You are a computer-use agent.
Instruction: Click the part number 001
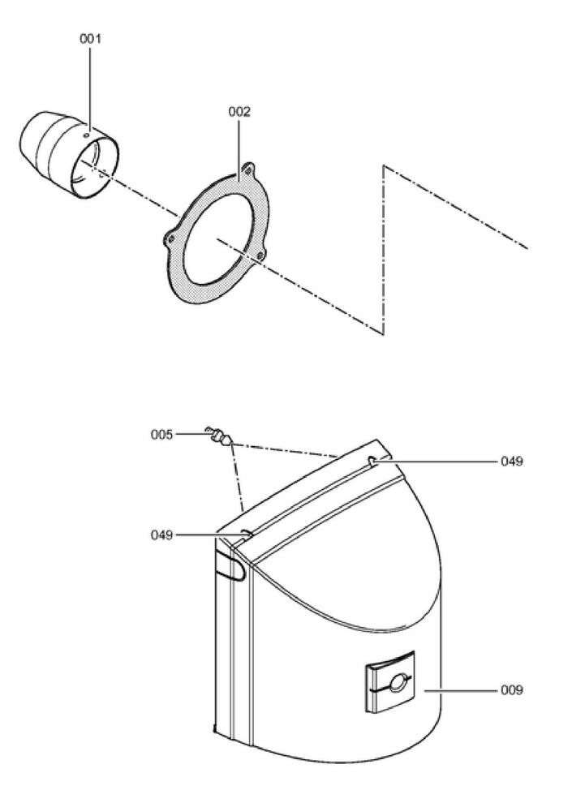click(x=90, y=39)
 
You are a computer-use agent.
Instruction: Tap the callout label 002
click(x=239, y=112)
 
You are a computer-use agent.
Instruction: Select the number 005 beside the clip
click(x=161, y=435)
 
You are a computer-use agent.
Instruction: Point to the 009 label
click(x=512, y=690)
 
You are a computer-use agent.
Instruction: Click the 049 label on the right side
click(x=512, y=462)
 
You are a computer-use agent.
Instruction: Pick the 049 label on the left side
click(x=161, y=535)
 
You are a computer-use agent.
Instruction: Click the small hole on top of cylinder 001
click(x=87, y=135)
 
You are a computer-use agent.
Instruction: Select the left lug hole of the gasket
click(x=171, y=238)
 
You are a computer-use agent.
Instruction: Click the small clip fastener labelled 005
click(x=219, y=436)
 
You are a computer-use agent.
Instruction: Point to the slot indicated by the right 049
click(x=372, y=462)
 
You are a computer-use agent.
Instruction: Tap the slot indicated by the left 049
click(x=247, y=535)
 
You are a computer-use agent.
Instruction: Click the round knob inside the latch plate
click(x=397, y=682)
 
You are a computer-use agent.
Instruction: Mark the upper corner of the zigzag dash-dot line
click(x=384, y=165)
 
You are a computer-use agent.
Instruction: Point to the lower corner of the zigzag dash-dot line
click(x=384, y=334)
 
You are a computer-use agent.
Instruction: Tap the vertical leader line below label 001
click(x=90, y=88)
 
